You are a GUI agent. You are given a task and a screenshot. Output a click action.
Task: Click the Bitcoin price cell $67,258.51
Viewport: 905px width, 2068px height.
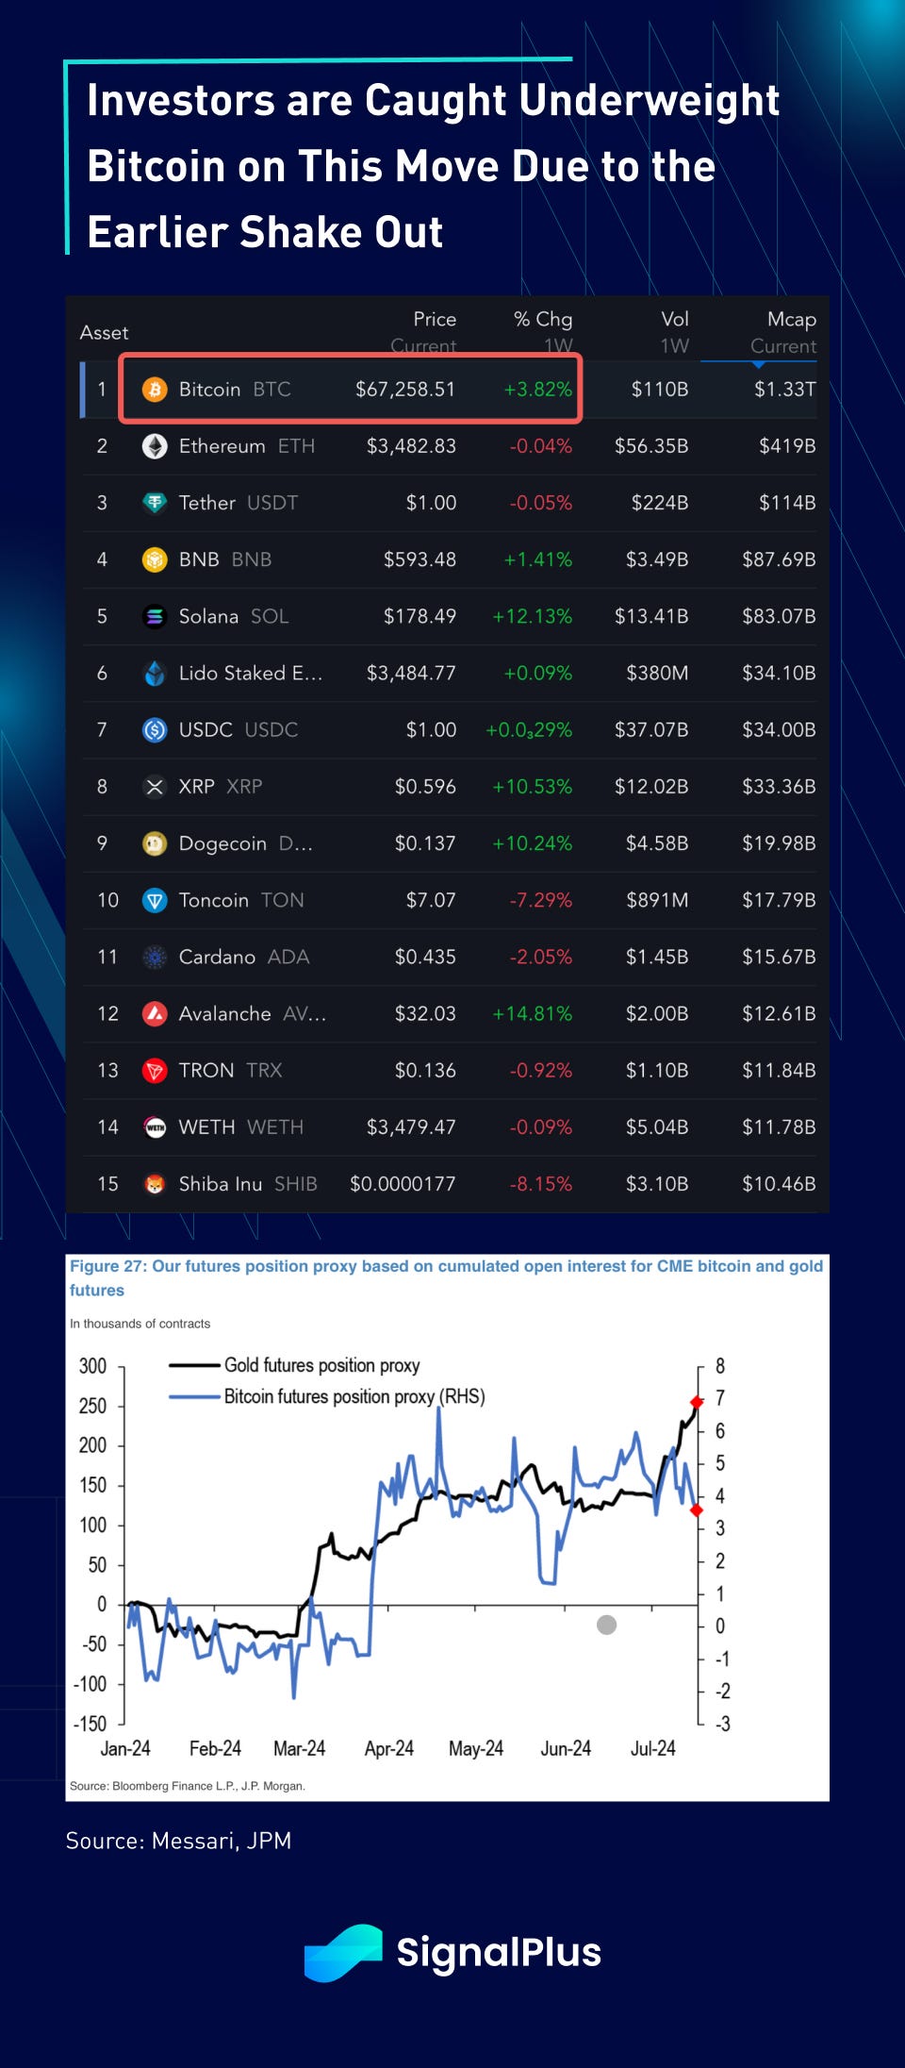tap(405, 390)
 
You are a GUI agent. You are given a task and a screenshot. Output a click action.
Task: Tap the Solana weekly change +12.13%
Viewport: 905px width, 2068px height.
tap(532, 616)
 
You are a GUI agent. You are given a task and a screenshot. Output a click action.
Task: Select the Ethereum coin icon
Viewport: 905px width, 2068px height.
tap(155, 446)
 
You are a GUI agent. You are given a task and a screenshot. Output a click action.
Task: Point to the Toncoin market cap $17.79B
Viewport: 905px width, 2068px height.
tap(779, 900)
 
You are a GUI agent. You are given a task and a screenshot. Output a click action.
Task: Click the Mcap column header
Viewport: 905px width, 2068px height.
tap(791, 320)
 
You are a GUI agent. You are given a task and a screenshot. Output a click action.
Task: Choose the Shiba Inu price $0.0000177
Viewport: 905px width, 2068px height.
tap(403, 1184)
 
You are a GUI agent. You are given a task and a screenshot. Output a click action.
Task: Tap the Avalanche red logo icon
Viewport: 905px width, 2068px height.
tap(155, 1013)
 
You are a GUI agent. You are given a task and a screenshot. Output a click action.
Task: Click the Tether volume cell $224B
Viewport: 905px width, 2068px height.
tap(659, 503)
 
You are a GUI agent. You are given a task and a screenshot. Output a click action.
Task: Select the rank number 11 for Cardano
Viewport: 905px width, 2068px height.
tap(107, 957)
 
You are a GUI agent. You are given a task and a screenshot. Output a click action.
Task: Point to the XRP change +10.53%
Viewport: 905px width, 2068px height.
tap(532, 787)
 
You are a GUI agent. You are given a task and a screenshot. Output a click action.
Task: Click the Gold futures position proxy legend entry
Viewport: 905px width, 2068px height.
tap(321, 1365)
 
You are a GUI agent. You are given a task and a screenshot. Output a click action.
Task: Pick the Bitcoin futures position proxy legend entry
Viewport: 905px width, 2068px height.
tap(354, 1396)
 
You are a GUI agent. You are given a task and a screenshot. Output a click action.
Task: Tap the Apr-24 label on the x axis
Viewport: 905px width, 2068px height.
tap(389, 1748)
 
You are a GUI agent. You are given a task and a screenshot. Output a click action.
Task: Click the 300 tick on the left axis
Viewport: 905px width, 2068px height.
tap(92, 1366)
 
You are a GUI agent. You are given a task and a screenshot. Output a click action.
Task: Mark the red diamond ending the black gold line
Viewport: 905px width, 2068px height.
tap(697, 1402)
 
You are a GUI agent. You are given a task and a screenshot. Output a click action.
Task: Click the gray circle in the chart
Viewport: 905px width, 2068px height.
tap(607, 1625)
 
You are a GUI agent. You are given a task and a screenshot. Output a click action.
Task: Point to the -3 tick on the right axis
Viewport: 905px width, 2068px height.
tap(722, 1724)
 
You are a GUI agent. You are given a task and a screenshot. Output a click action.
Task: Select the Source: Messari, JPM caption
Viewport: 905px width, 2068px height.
tap(179, 1841)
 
